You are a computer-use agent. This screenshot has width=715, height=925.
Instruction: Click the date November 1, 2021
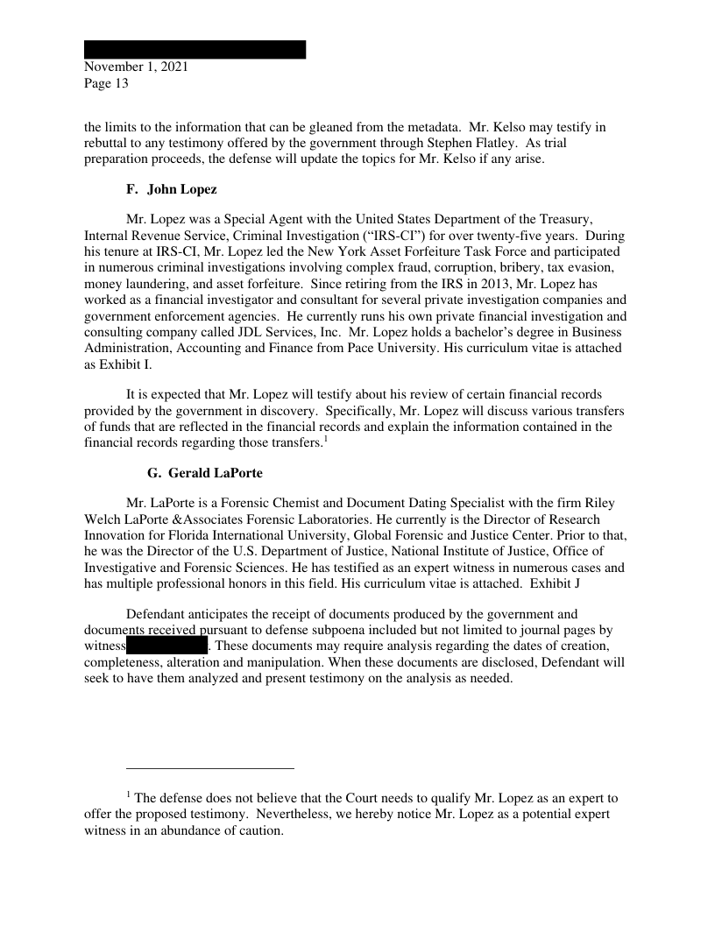pos(136,67)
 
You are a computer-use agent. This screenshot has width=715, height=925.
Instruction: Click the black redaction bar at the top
pos(195,49)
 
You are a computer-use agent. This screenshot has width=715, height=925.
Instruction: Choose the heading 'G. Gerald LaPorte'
pos(204,473)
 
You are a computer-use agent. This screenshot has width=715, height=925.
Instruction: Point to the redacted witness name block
pos(166,646)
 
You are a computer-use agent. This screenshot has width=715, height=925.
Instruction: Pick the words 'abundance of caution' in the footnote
pos(220,831)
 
